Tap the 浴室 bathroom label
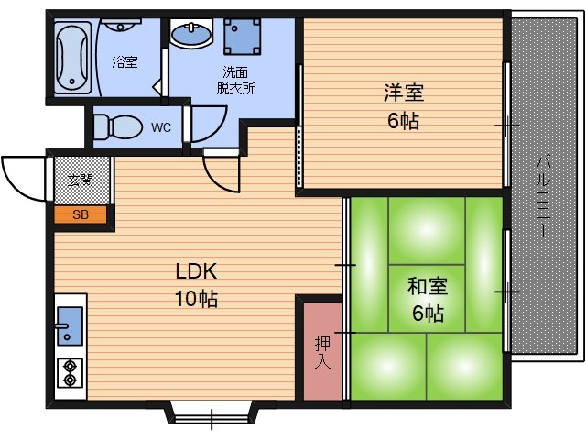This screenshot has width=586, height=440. tap(125, 62)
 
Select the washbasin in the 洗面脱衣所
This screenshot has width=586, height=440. tap(192, 35)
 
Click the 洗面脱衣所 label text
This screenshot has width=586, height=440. tap(235, 81)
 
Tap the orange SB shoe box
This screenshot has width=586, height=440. tap(81, 216)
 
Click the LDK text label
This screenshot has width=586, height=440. tap(195, 272)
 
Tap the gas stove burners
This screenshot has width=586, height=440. tap(70, 372)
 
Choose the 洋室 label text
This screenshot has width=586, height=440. tap(403, 93)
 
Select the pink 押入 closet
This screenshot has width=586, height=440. tap(322, 347)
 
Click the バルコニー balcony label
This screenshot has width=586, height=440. tap(543, 198)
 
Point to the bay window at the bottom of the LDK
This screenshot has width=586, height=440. tap(211, 412)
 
